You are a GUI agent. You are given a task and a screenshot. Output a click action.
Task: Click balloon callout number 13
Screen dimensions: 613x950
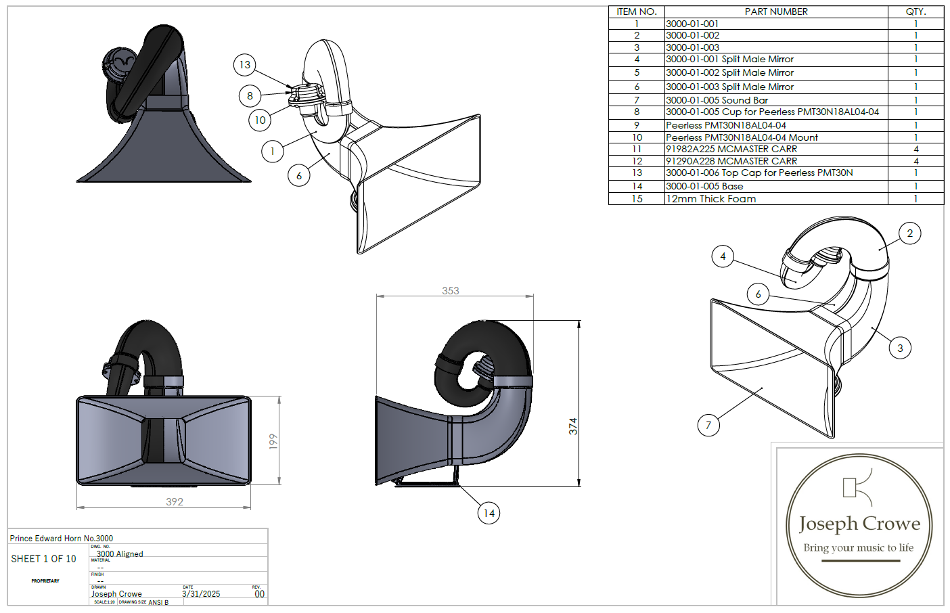245,65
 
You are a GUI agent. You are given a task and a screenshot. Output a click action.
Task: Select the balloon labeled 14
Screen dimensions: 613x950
489,514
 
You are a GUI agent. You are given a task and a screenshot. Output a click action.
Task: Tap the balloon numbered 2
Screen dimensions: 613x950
909,233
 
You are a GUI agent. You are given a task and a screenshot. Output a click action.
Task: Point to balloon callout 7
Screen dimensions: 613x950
708,426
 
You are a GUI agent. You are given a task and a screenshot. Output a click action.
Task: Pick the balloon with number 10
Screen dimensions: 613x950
261,120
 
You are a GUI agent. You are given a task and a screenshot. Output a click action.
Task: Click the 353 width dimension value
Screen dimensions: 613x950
451,291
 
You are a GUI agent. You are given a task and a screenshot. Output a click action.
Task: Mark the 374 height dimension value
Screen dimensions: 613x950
573,426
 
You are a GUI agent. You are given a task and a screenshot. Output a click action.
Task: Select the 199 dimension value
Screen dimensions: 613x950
273,442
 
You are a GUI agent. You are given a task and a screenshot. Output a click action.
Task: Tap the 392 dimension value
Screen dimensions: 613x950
175,502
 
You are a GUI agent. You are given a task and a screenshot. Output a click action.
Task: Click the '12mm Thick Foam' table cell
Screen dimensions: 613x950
711,199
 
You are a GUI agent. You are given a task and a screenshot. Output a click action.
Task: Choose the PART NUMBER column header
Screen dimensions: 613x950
776,12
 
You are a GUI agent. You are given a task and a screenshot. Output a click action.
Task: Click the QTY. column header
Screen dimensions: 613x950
915,12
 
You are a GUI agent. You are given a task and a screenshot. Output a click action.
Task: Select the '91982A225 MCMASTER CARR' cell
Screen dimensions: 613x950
731,149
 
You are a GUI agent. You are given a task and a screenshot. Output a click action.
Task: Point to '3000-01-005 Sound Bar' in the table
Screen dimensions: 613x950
717,100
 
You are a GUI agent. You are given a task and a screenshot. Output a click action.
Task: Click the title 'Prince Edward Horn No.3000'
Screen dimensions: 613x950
62,539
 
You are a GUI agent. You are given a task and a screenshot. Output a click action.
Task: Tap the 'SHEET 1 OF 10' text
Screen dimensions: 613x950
43,559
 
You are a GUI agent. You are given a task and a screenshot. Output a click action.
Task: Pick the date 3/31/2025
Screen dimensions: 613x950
201,594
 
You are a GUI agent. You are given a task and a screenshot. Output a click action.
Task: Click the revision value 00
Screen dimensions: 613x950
259,594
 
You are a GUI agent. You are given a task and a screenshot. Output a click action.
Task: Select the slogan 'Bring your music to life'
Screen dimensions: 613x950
858,548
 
